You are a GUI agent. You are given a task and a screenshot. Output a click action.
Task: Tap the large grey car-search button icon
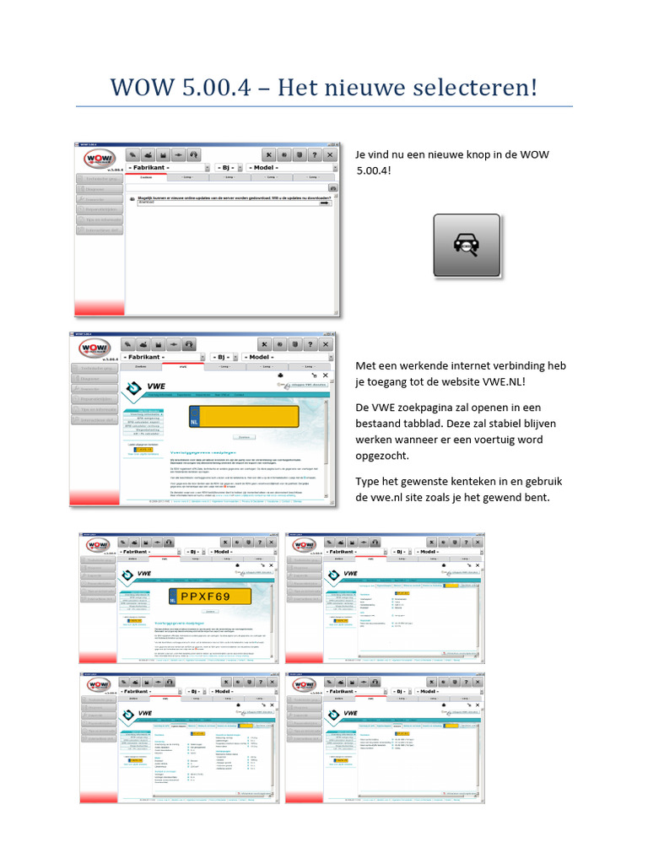pyautogui.click(x=467, y=246)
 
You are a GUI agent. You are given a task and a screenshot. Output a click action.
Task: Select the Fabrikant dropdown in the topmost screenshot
pyautogui.click(x=165, y=168)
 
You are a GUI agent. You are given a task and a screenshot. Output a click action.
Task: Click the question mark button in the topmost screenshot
pyautogui.click(x=313, y=155)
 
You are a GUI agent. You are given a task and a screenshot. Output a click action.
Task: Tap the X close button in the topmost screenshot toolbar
pyautogui.click(x=329, y=155)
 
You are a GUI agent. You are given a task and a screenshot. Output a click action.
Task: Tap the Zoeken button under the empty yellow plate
pyautogui.click(x=244, y=437)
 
